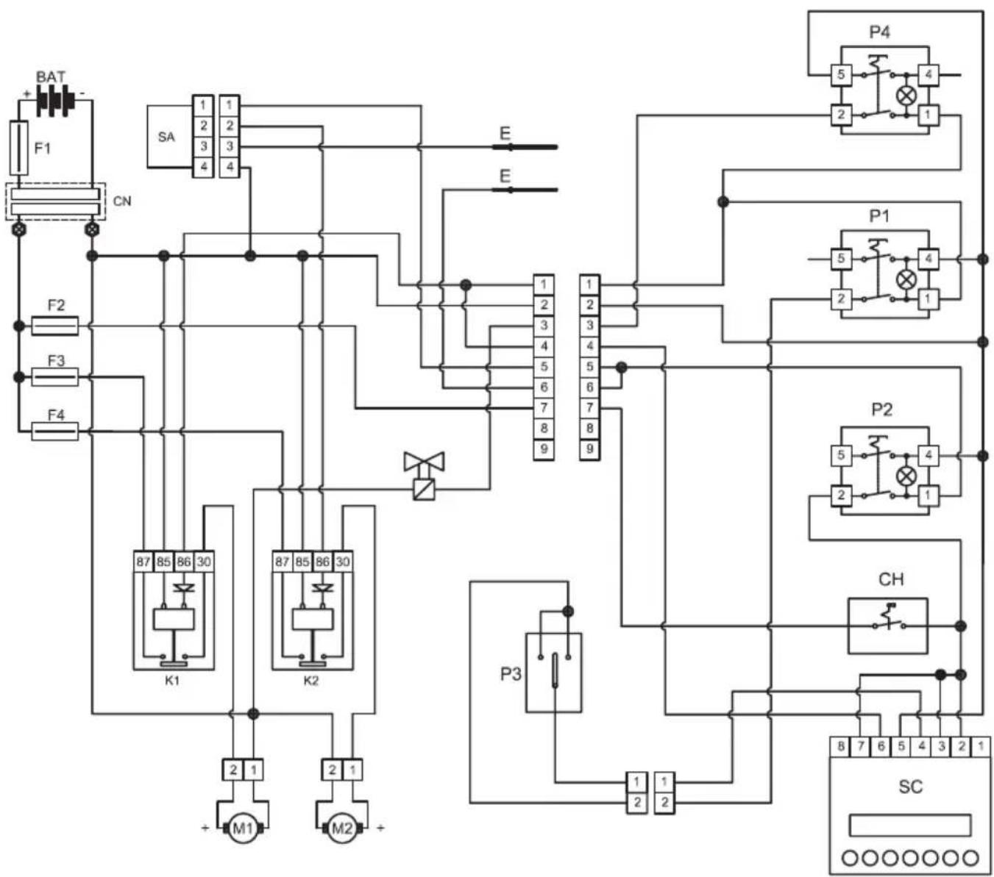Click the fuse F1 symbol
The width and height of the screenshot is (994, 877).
pos(19,148)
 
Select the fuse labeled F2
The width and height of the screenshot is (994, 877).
pos(55,325)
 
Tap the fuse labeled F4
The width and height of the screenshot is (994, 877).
pos(55,431)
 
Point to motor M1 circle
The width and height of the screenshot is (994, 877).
pos(242,829)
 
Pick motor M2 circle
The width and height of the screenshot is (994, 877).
pos(342,829)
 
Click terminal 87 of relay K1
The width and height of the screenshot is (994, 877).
pos(143,562)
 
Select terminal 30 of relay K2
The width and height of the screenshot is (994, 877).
pos(343,562)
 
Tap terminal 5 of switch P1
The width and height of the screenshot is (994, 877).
pos(841,259)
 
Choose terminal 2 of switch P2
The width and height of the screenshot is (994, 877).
pos(841,495)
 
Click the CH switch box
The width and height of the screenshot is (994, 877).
pos(887,626)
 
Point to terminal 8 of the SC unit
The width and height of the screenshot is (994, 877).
pos(840,746)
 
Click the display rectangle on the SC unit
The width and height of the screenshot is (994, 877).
pos(910,825)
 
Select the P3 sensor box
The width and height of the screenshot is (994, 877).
pos(553,672)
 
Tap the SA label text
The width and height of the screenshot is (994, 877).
pos(166,137)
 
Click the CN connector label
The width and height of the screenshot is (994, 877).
pos(121,201)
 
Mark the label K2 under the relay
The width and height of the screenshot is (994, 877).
pos(311,681)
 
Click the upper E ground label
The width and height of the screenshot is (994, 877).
pos(505,133)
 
